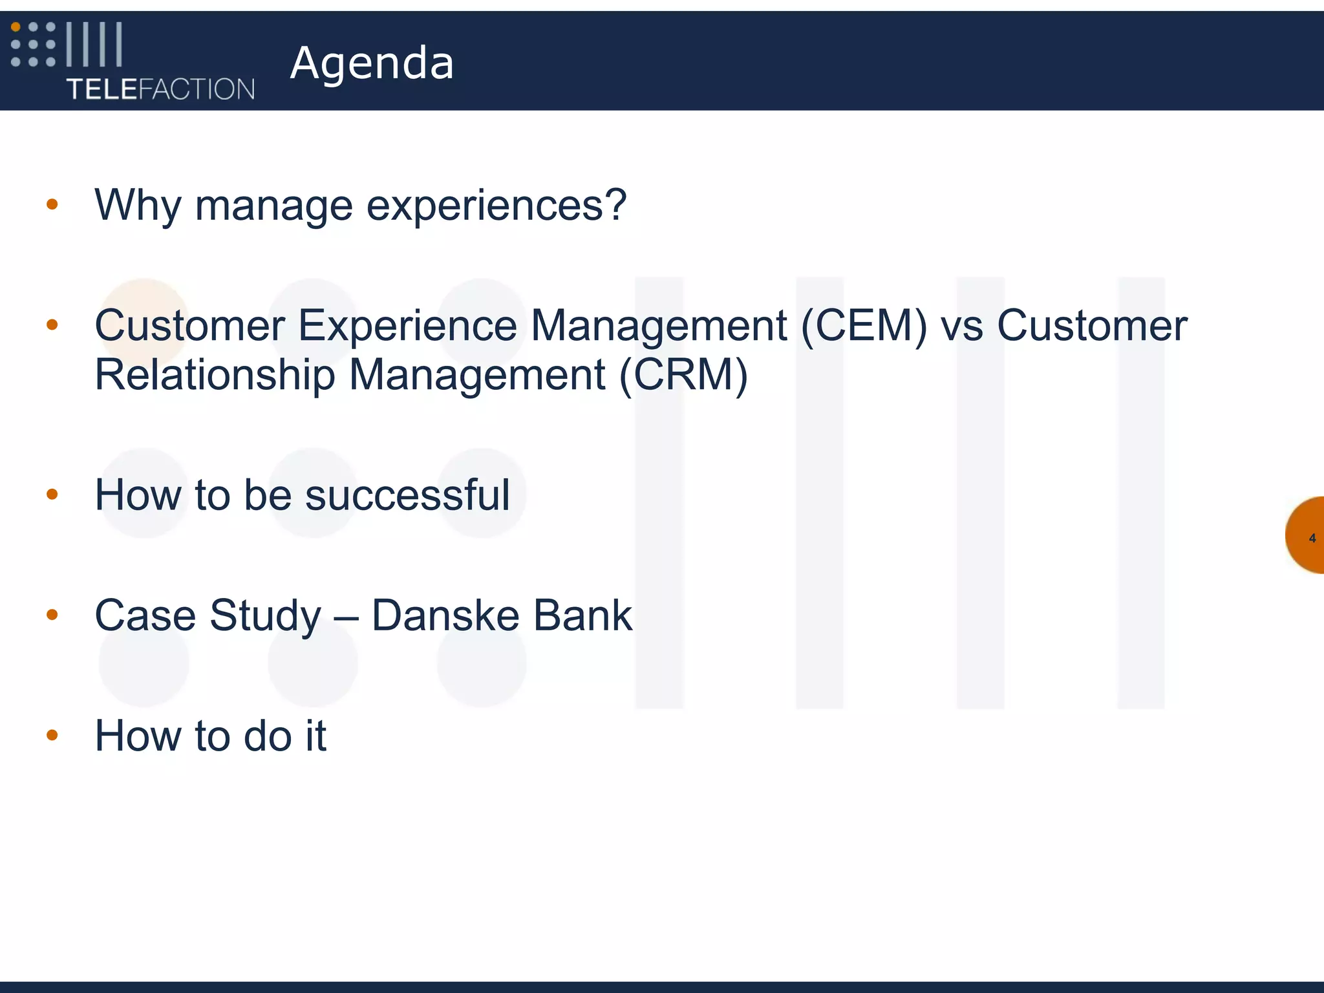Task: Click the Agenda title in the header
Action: [372, 63]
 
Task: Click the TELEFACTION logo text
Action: [160, 89]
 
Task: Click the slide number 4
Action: [1312, 538]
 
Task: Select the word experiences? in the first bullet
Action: [496, 206]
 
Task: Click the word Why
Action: [138, 206]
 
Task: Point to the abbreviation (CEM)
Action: [864, 325]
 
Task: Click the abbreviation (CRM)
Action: [683, 374]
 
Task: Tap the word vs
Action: [962, 325]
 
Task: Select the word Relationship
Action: [215, 374]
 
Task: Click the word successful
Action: [407, 495]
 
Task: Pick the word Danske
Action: [445, 615]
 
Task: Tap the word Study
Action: [265, 615]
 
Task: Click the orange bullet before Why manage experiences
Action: [52, 205]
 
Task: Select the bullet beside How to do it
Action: [52, 735]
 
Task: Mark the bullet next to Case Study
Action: [52, 615]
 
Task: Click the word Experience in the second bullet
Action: [407, 325]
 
